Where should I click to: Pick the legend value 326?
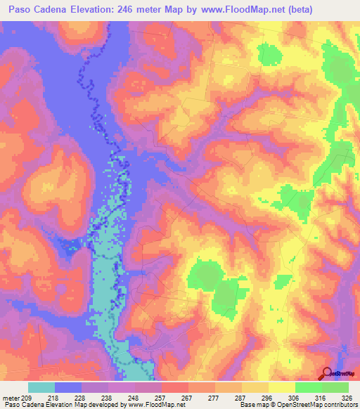(340, 398)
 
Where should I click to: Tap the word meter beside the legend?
(11, 398)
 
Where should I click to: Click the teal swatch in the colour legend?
(41, 387)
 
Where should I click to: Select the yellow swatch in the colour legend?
(281, 387)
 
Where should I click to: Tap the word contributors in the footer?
(340, 405)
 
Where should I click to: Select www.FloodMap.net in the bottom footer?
(148, 405)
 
